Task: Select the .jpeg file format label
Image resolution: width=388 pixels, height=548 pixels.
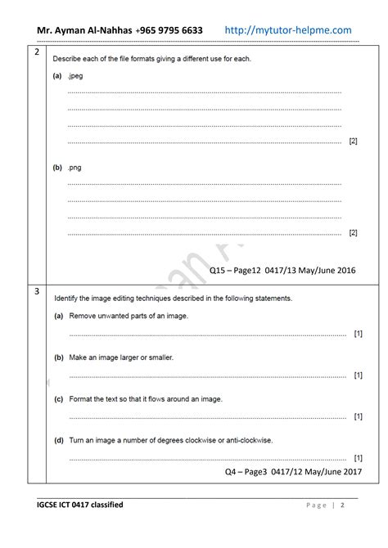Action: (x=75, y=75)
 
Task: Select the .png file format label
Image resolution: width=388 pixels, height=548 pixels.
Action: (x=74, y=167)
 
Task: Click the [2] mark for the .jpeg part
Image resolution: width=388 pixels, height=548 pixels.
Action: (x=353, y=141)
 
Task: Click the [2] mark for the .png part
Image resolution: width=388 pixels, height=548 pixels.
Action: (x=353, y=233)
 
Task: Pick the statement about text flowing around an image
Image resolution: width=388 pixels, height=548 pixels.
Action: (x=146, y=399)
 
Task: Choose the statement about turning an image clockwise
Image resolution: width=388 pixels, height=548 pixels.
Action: (x=170, y=440)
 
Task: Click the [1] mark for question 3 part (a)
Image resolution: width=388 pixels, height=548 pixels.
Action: (x=358, y=334)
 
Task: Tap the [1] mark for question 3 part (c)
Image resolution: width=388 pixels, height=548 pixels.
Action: (x=358, y=417)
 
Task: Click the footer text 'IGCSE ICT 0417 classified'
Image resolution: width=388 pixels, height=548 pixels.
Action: (x=80, y=505)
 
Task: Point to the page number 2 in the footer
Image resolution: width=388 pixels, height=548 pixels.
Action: (x=342, y=505)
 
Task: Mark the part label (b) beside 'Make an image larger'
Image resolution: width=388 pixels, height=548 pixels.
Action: (x=59, y=357)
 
